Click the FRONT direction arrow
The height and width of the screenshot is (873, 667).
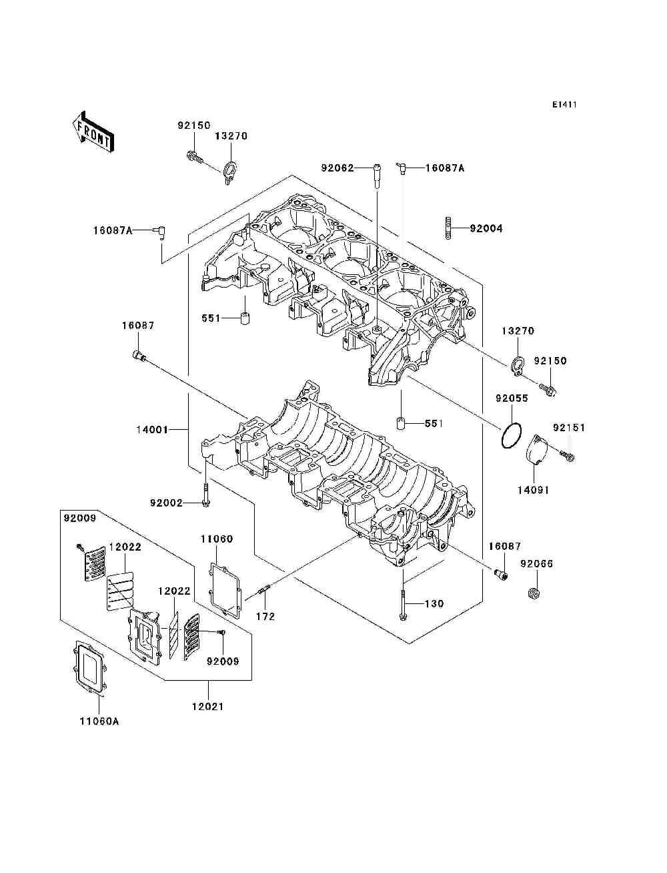[x=94, y=131]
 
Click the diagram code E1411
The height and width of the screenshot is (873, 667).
[x=564, y=105]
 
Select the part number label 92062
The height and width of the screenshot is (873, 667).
[x=338, y=168]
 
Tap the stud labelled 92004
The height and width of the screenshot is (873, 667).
[x=448, y=228]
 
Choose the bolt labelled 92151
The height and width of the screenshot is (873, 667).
[x=568, y=456]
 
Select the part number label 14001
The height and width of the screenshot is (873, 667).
[x=152, y=430]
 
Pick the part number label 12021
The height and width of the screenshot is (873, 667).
[x=208, y=706]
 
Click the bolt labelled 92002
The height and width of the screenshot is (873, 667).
[x=205, y=495]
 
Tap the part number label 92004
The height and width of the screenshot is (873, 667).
[x=486, y=228]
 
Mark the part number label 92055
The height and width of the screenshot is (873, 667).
[x=512, y=398]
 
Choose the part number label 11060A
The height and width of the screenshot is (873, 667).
[x=99, y=721]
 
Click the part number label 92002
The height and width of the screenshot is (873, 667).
[x=166, y=503]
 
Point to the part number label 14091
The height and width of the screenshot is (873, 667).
[x=533, y=490]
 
